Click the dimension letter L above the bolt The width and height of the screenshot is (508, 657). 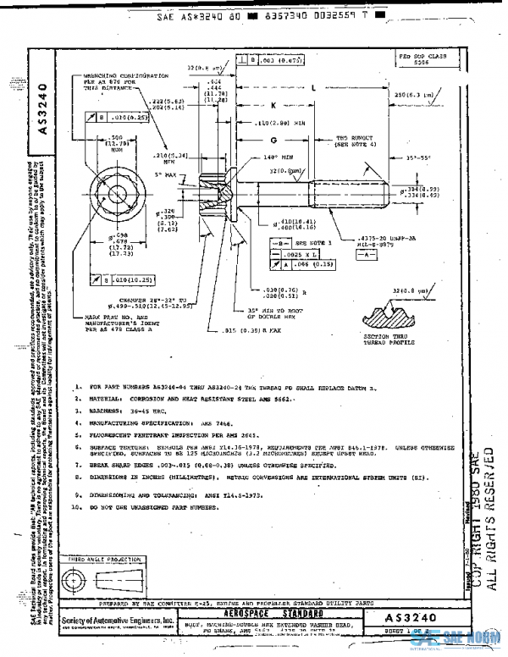(x=312, y=87)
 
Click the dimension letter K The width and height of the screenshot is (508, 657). (x=273, y=106)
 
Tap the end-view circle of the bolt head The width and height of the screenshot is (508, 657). (x=114, y=186)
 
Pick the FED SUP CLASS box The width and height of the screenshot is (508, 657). (x=422, y=58)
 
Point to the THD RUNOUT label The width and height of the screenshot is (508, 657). (x=353, y=140)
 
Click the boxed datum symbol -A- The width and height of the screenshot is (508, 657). (x=364, y=252)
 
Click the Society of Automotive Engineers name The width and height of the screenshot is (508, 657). (x=118, y=621)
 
